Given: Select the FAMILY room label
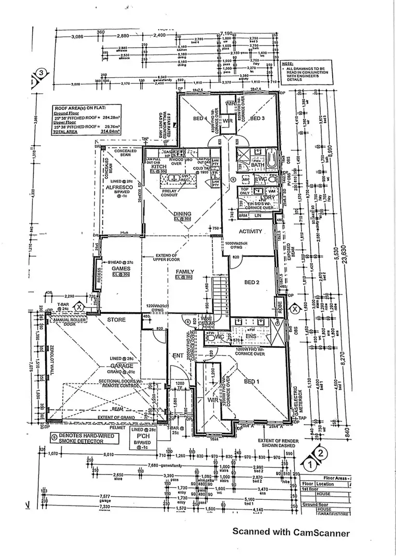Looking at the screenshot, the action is [x=185, y=272].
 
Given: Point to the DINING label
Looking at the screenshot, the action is [x=183, y=214].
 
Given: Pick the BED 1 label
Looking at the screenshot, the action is [x=251, y=382].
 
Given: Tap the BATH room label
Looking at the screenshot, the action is [x=257, y=165].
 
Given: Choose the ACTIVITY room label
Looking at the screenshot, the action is [x=250, y=231].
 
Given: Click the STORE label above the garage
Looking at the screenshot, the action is [x=116, y=320].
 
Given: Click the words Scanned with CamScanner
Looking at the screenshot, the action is [x=291, y=531].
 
